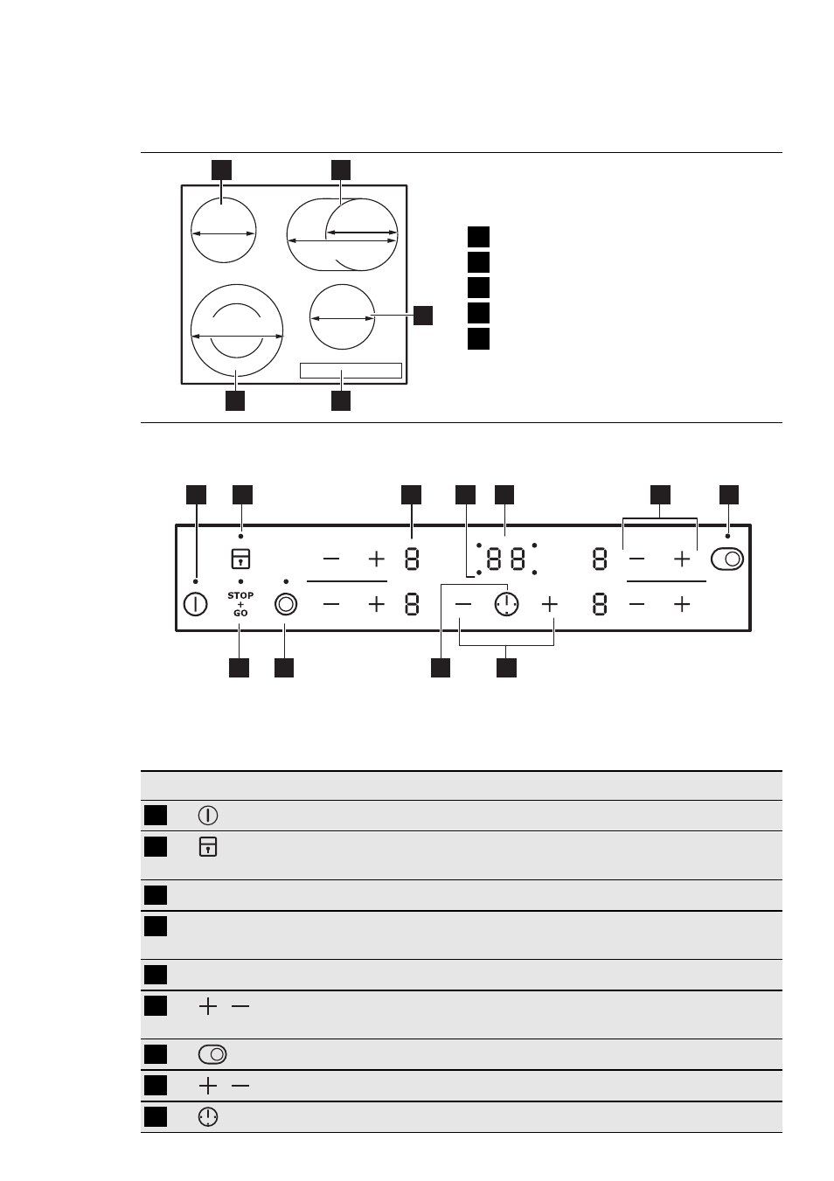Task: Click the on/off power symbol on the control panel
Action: (195, 604)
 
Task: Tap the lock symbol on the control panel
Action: (240, 559)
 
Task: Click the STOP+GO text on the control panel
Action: (240, 604)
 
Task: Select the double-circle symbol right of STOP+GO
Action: (286, 604)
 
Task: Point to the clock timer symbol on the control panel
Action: (507, 604)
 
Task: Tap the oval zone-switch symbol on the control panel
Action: (727, 559)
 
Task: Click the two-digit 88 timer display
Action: (506, 559)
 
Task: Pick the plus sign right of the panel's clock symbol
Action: (550, 604)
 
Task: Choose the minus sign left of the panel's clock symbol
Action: (462, 604)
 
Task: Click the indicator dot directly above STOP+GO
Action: (241, 581)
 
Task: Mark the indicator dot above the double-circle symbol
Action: (286, 581)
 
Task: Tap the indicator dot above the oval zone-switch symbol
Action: (727, 536)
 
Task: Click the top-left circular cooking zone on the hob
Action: (224, 198)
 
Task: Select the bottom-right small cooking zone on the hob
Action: (342, 285)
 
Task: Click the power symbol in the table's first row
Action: (208, 816)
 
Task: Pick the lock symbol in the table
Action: (208, 847)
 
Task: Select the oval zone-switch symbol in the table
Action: (212, 1054)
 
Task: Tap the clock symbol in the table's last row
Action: (208, 1116)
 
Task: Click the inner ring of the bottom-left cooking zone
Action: (237, 304)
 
